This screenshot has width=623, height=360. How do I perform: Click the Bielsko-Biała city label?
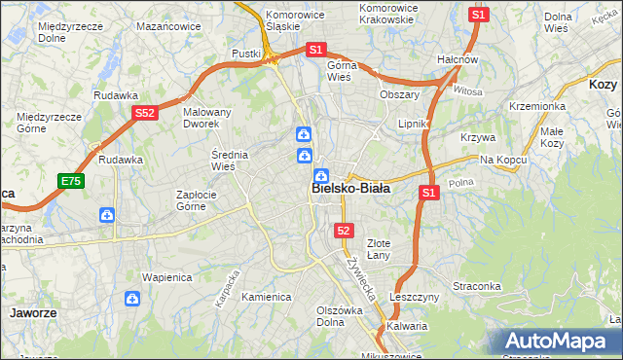[x=351, y=189]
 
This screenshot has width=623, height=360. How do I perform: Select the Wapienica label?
[x=164, y=276]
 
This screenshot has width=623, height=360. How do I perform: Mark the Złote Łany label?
[x=378, y=248]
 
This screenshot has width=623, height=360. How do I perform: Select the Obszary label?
[x=399, y=94]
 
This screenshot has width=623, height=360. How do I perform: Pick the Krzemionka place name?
[x=536, y=106]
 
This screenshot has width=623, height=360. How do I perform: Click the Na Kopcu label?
[x=502, y=159]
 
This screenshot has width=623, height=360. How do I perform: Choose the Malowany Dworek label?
[x=207, y=118]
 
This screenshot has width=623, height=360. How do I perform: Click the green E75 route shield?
[x=71, y=181]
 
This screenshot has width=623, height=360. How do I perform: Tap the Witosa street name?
[x=467, y=90]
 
